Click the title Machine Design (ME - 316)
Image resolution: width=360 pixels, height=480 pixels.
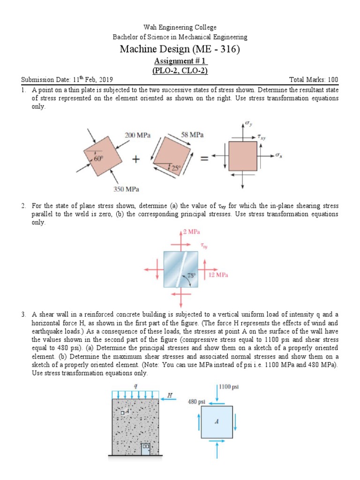[180, 49]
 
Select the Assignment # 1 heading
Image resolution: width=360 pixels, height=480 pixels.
[180, 61]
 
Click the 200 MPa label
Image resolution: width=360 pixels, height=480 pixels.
[137, 135]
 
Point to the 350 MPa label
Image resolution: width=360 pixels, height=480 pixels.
[128, 189]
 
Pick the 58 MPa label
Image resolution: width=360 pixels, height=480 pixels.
[192, 135]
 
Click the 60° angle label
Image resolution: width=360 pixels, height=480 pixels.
[98, 159]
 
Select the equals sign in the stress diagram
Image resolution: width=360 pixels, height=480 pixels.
[205, 159]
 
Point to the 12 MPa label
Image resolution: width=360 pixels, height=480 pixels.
[218, 275]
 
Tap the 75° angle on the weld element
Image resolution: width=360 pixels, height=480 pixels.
[191, 276]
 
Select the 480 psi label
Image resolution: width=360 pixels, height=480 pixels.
[197, 402]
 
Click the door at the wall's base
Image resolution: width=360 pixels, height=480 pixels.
[146, 448]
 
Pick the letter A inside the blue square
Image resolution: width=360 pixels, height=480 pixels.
[217, 421]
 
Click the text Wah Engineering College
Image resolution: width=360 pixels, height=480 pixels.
[180, 28]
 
